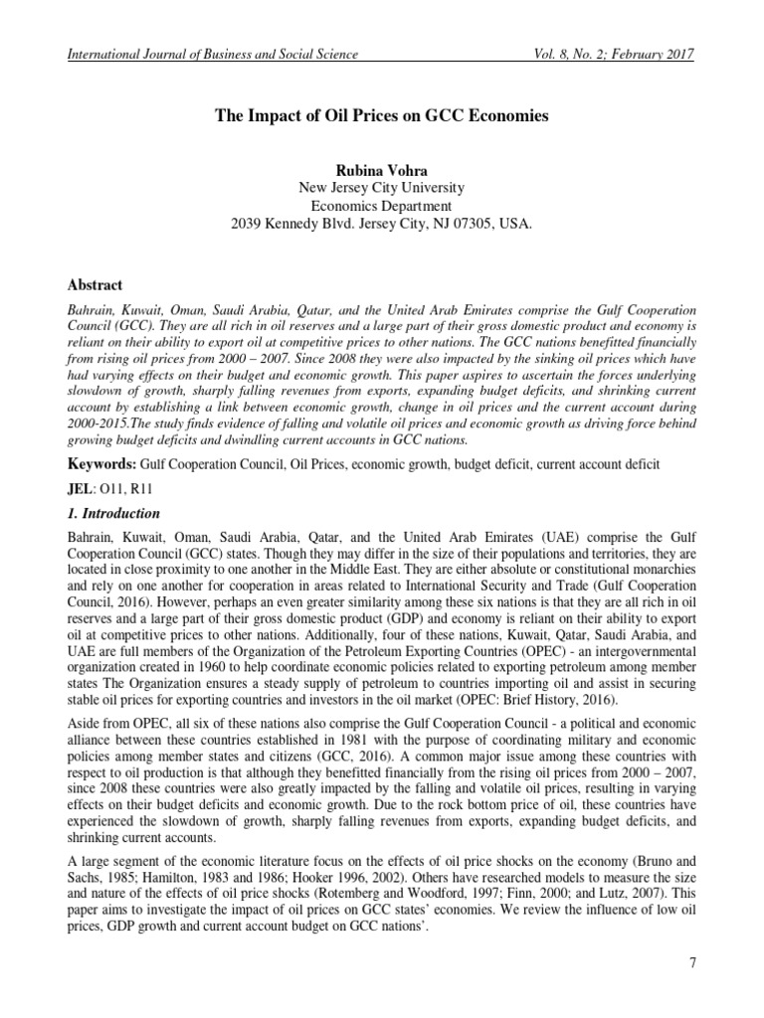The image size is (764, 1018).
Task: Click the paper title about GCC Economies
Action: pos(382,116)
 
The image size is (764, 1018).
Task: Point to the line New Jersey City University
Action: pos(382,188)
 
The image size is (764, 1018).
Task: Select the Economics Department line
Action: pos(382,206)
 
